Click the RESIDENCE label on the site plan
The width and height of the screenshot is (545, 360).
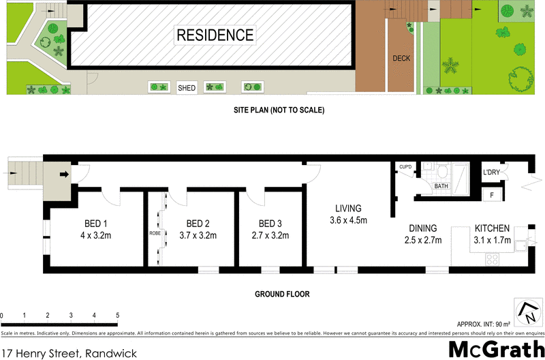215,35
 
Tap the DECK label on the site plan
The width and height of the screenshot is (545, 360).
401,59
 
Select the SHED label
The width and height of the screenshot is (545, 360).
187,88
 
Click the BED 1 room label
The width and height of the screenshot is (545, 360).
96,224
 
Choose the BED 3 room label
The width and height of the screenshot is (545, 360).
270,224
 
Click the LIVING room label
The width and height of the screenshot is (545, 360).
347,208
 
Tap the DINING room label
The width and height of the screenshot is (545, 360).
423,228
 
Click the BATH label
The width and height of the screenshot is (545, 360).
441,185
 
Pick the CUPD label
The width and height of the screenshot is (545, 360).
405,166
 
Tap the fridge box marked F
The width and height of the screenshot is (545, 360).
492,195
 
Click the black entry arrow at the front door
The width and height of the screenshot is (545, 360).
65,175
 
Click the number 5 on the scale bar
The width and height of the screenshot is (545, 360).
117,316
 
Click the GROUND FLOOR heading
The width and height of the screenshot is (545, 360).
282,295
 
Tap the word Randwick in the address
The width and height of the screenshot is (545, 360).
110,353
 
